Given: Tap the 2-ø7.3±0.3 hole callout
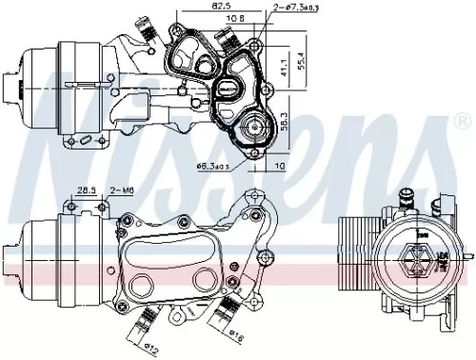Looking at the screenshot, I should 289,8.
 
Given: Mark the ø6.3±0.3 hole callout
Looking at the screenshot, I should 211,167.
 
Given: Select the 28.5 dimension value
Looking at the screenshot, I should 89,191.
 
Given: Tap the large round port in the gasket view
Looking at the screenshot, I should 254,129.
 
